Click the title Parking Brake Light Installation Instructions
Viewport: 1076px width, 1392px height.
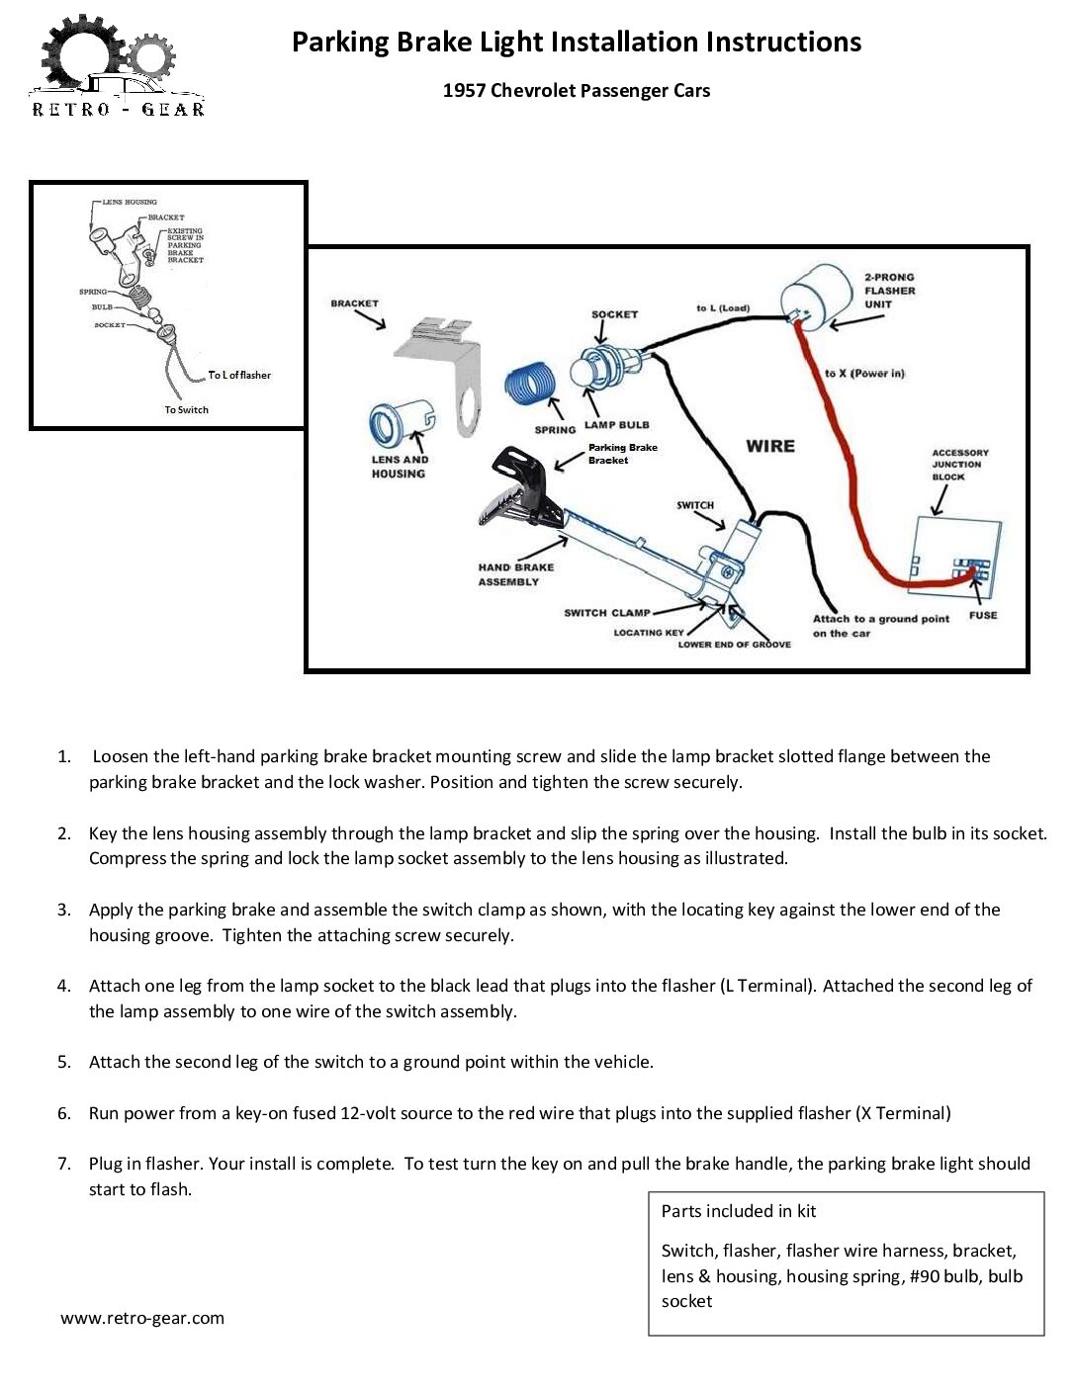pyautogui.click(x=576, y=43)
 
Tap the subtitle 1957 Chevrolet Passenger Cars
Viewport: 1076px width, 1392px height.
pyautogui.click(x=576, y=91)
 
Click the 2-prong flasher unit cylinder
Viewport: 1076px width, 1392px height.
pyautogui.click(x=817, y=294)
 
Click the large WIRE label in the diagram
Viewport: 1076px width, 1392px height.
pyautogui.click(x=770, y=446)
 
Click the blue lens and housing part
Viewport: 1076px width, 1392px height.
pyautogui.click(x=400, y=424)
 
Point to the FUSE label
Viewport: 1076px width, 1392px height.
pyautogui.click(x=983, y=615)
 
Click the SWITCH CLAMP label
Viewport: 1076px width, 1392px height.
pyautogui.click(x=607, y=613)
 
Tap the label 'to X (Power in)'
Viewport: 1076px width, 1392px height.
pyautogui.click(x=864, y=374)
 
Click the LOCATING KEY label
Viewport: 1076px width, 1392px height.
pyautogui.click(x=648, y=633)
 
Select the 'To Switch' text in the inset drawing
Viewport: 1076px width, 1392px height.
pyautogui.click(x=186, y=409)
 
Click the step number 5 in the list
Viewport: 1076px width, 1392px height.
pyautogui.click(x=64, y=1062)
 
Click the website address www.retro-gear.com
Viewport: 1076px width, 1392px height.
pyautogui.click(x=142, y=1318)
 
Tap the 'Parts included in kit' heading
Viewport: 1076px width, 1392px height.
pyautogui.click(x=739, y=1211)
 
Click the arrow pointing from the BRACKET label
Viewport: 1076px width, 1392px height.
pyautogui.click(x=370, y=319)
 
